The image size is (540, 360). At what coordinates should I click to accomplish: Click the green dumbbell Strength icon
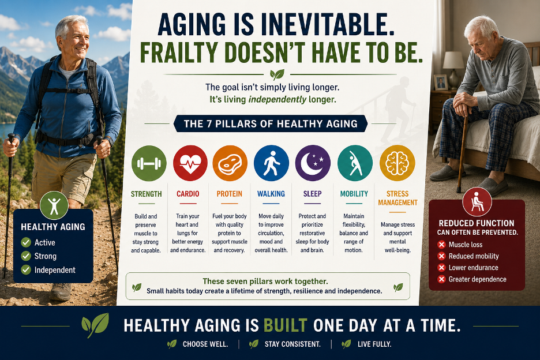[149, 163]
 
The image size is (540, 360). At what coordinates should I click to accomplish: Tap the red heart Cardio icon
[190, 163]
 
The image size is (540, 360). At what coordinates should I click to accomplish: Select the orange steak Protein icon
[230, 163]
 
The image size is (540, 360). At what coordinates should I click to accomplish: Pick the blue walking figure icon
[271, 163]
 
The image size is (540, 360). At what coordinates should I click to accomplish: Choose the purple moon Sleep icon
[313, 163]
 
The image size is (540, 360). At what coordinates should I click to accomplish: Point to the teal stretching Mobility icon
[355, 163]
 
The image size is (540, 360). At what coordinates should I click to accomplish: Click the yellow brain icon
[397, 163]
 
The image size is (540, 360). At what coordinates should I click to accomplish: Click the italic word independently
[277, 100]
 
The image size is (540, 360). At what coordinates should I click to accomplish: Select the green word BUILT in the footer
[285, 325]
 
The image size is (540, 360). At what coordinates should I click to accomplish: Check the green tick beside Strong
[26, 256]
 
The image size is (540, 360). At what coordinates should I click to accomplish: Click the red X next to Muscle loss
[441, 245]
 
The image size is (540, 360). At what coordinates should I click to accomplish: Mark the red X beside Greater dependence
[441, 279]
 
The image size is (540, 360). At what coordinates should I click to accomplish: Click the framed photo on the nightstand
[440, 82]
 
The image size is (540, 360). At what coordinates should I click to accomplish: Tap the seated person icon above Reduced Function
[477, 202]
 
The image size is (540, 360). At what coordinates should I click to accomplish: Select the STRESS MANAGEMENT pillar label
[397, 198]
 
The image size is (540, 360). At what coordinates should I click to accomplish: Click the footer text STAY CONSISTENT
[292, 344]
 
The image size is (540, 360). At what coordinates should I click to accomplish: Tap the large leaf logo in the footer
[95, 324]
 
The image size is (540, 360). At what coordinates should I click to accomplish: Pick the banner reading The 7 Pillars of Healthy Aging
[271, 123]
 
